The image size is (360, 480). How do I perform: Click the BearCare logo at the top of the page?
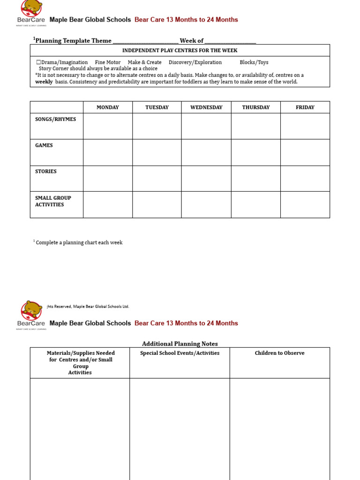[31, 13]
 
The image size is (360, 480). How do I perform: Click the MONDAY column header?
[108, 107]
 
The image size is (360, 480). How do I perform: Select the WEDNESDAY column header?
[206, 107]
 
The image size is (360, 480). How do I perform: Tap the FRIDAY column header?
[305, 107]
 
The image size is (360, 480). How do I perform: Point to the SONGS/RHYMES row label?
[55, 119]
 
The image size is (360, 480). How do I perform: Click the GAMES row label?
[44, 145]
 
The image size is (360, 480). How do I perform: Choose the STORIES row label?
[46, 172]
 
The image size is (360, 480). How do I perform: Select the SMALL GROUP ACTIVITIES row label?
[53, 201]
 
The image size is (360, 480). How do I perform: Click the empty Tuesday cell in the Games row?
[157, 152]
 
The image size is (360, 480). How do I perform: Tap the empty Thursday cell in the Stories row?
[255, 179]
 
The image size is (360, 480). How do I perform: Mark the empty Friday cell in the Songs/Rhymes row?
[305, 126]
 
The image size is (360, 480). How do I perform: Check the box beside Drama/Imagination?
[38, 62]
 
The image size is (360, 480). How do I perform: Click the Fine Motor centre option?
[107, 62]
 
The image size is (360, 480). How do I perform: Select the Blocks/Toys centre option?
[254, 62]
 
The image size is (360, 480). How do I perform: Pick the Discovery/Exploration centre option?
[195, 62]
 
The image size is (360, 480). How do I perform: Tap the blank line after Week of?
[230, 41]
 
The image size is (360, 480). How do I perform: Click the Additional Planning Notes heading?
[180, 344]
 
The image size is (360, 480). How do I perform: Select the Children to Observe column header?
[279, 353]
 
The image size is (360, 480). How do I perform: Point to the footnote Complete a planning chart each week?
[79, 242]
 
